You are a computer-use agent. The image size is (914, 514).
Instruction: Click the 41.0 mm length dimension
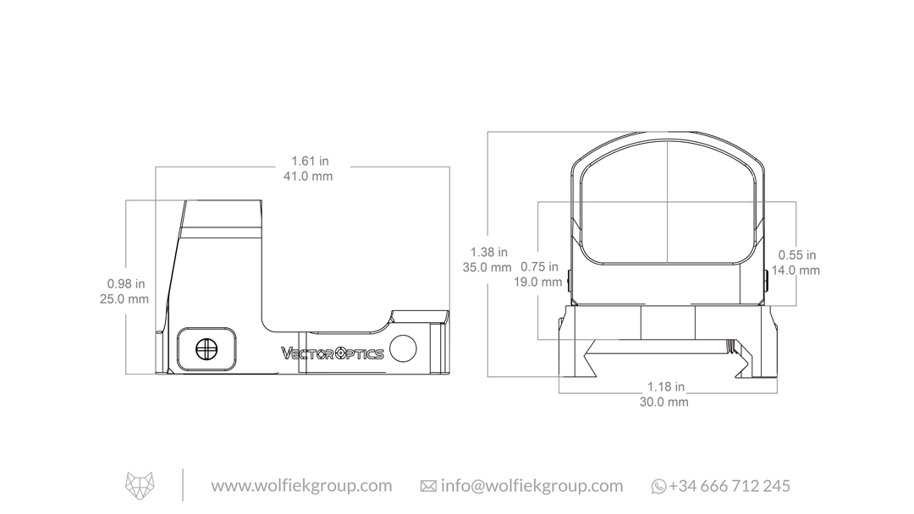click(308, 177)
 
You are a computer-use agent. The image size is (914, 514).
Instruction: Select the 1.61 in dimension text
click(310, 161)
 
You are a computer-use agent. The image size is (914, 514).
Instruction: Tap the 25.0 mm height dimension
click(124, 299)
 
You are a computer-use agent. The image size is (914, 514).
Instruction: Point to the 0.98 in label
click(126, 284)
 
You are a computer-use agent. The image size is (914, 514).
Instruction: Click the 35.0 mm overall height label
click(487, 268)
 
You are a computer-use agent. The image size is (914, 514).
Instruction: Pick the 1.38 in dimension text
click(489, 252)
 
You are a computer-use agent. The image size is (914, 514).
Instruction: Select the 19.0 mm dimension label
click(538, 282)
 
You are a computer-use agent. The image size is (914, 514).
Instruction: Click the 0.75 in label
click(539, 266)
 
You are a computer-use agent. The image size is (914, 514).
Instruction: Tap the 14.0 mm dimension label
click(796, 270)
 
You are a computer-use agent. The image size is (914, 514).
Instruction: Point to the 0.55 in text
click(797, 255)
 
